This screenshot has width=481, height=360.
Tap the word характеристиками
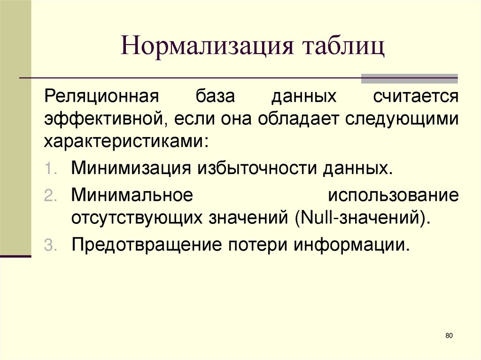pos(124,141)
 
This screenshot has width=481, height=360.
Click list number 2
pos(50,196)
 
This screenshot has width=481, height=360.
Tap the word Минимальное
pos(132,194)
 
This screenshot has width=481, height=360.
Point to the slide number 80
pos(448,336)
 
